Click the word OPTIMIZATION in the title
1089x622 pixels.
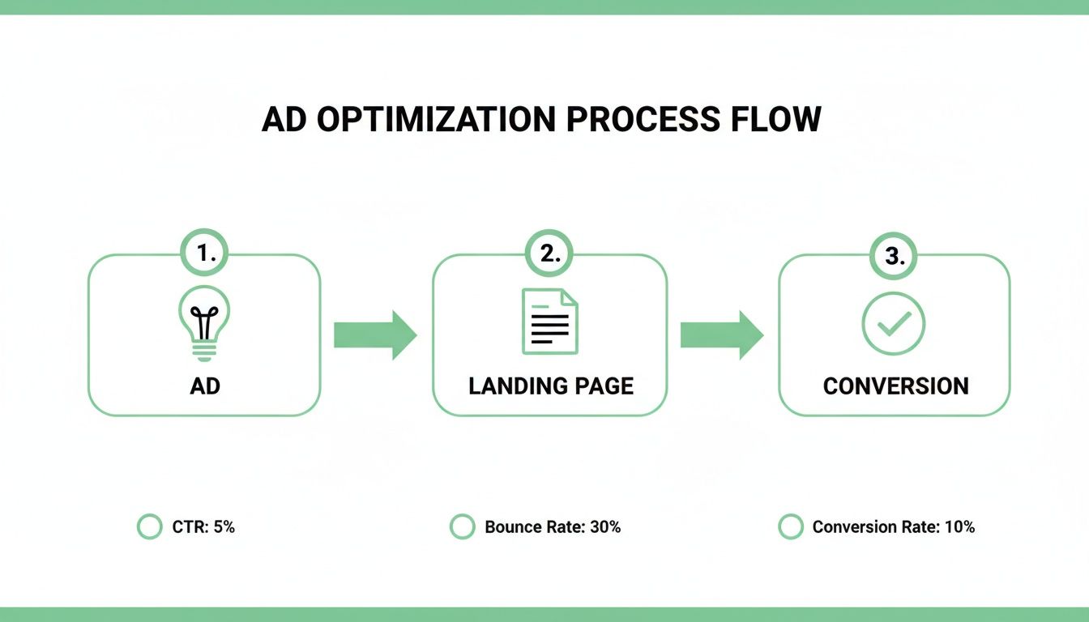pyautogui.click(x=436, y=119)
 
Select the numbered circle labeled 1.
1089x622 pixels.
pyautogui.click(x=204, y=254)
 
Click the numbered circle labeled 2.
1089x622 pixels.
pyautogui.click(x=550, y=254)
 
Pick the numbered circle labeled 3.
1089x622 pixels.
pyautogui.click(x=894, y=257)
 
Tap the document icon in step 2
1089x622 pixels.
pyautogui.click(x=550, y=321)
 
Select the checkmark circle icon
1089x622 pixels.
pyautogui.click(x=894, y=323)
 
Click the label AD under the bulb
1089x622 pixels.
pyautogui.click(x=205, y=386)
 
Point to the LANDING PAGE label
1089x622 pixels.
pyautogui.click(x=551, y=386)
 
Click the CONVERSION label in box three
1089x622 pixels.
pyautogui.click(x=895, y=386)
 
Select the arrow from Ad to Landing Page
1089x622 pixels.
pyautogui.click(x=375, y=334)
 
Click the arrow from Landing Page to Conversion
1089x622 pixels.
pyautogui.click(x=721, y=334)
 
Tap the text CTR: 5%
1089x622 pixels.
pyautogui.click(x=203, y=527)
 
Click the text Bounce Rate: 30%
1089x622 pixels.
pyautogui.click(x=553, y=527)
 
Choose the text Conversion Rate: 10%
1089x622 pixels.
pyautogui.click(x=893, y=527)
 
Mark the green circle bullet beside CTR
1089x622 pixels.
pyautogui.click(x=150, y=527)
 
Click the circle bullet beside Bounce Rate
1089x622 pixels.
pyautogui.click(x=462, y=527)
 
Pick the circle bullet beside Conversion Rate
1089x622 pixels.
pyautogui.click(x=790, y=527)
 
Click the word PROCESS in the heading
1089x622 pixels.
pyautogui.click(x=642, y=119)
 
